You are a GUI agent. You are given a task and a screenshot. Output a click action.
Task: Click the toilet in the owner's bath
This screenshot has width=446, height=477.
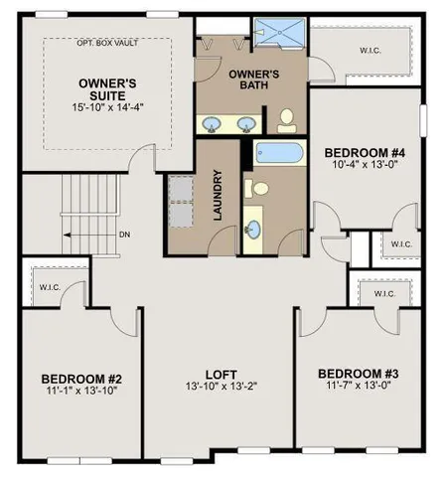pyautogui.click(x=285, y=121)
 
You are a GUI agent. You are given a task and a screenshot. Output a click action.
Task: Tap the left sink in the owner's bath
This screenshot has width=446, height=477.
pyautogui.click(x=214, y=124)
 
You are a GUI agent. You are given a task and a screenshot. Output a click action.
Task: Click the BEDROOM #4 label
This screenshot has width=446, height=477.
pyautogui.click(x=365, y=152)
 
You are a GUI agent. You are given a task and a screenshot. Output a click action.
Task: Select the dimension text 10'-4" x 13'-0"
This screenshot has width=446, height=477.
pyautogui.click(x=365, y=167)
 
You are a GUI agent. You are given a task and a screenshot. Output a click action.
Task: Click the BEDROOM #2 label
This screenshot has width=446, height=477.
pyautogui.click(x=80, y=379)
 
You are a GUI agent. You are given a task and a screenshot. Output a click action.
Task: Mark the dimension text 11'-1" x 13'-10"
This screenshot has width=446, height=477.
pyautogui.click(x=80, y=394)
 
